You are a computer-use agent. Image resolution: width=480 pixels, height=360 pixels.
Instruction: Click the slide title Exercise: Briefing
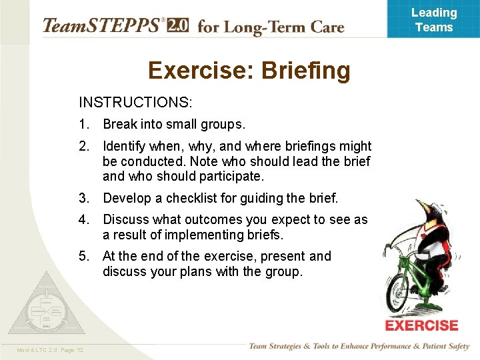coord(249,71)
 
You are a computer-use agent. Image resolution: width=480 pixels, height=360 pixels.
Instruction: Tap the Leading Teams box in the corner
coord(433,19)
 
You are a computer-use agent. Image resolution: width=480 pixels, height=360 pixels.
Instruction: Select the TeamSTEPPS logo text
coord(101,26)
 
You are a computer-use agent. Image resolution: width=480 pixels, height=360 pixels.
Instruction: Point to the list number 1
coord(83,125)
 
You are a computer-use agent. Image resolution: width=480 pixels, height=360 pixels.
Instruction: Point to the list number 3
coord(83,198)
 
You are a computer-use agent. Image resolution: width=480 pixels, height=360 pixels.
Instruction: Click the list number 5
coord(83,256)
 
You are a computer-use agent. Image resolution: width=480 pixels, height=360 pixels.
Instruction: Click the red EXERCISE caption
coord(421,325)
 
